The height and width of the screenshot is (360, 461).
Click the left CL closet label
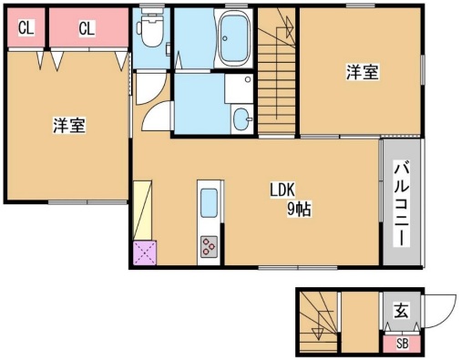click(x=26, y=28)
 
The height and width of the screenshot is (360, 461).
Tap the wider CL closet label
click(x=86, y=28)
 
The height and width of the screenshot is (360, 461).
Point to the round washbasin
click(x=241, y=119)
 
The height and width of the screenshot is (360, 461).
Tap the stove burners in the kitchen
click(x=210, y=246)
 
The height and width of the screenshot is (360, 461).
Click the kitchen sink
click(x=209, y=202)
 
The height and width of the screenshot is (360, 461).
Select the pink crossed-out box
click(x=145, y=252)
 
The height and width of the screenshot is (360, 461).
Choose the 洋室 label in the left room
click(x=68, y=126)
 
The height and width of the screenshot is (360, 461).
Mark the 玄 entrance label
click(x=401, y=311)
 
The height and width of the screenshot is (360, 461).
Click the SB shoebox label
click(x=401, y=344)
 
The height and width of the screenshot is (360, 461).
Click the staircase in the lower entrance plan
click(x=318, y=323)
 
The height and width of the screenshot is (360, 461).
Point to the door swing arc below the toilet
click(x=154, y=117)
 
